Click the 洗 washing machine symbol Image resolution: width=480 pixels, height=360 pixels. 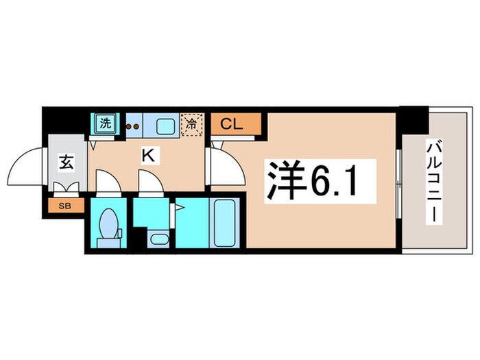105,124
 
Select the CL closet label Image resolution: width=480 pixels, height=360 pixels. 235,124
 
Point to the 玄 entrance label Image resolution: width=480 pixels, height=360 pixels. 66,163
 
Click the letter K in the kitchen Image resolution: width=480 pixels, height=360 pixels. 147,156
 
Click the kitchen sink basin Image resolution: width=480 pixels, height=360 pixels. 165,125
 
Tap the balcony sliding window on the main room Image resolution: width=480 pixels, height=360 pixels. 398,180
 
